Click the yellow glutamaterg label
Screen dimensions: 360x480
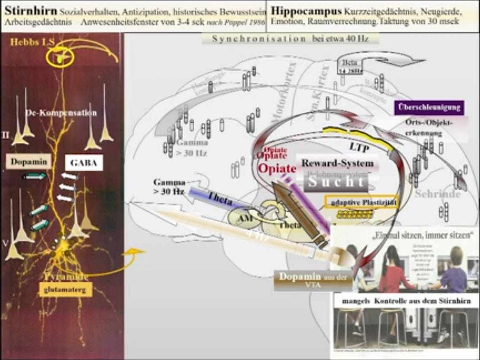(x=65, y=289)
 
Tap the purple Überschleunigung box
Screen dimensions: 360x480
(x=429, y=107)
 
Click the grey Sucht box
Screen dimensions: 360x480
(x=336, y=182)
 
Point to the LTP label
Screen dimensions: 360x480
(x=359, y=146)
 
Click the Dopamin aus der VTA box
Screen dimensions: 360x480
(x=313, y=281)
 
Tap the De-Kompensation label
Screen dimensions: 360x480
(x=61, y=113)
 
